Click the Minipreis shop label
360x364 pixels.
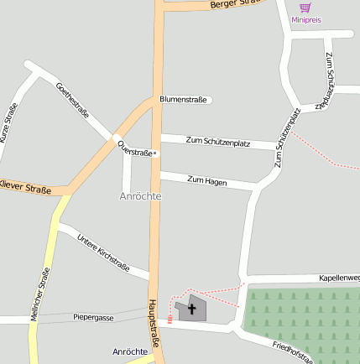click(x=305, y=19)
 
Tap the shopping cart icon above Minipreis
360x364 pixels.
click(x=305, y=8)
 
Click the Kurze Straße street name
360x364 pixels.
click(x=8, y=122)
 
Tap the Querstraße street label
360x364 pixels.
click(x=136, y=149)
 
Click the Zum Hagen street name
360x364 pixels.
click(x=207, y=180)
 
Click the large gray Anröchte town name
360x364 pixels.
click(x=139, y=195)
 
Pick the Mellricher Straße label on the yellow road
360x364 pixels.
click(x=39, y=294)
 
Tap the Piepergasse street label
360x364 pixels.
click(x=93, y=317)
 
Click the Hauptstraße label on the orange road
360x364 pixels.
click(x=154, y=319)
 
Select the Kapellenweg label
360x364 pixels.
click(x=339, y=278)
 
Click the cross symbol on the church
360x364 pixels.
click(x=192, y=309)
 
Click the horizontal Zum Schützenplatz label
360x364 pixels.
click(x=218, y=143)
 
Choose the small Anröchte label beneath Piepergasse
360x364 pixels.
click(x=130, y=351)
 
